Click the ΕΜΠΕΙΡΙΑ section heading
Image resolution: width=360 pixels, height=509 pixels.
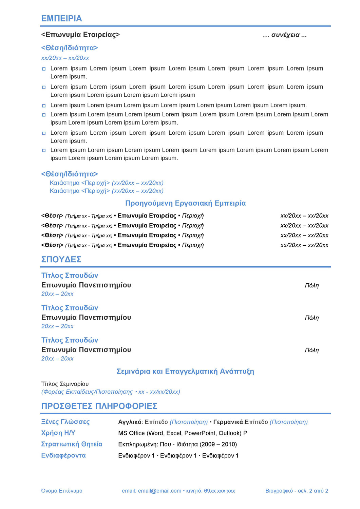pyautogui.click(x=61, y=19)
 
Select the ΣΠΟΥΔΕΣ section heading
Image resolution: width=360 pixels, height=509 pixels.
pyautogui.click(x=61, y=260)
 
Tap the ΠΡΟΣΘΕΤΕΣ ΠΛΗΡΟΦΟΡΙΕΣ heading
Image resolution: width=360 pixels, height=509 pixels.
pyautogui.click(x=99, y=406)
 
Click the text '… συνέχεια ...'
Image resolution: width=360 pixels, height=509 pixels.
pyautogui.click(x=285, y=35)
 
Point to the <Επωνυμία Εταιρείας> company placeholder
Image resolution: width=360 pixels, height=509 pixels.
pyautogui.click(x=80, y=35)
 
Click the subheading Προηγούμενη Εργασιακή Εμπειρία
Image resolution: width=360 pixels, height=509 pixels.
pyautogui.click(x=185, y=203)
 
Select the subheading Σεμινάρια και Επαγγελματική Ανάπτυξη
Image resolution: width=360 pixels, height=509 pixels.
pyautogui.click(x=185, y=371)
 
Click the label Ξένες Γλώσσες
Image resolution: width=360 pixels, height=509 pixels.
pyautogui.click(x=65, y=422)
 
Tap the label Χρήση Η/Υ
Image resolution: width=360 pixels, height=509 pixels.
pyautogui.click(x=58, y=433)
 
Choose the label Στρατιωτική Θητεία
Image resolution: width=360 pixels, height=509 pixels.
pyautogui.click(x=72, y=444)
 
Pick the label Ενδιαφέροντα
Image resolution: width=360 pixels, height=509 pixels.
pyautogui.click(x=63, y=455)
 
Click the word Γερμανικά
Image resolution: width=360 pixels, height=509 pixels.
pyautogui.click(x=228, y=422)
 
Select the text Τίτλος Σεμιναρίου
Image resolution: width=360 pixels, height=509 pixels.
pyautogui.click(x=65, y=384)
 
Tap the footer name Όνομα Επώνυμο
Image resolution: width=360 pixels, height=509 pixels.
pyautogui.click(x=62, y=491)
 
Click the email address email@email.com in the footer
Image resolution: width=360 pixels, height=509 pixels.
pyautogui.click(x=159, y=491)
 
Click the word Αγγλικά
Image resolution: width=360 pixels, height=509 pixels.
pyautogui.click(x=130, y=422)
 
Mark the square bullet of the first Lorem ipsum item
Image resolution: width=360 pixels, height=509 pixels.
pyautogui.click(x=44, y=69)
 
